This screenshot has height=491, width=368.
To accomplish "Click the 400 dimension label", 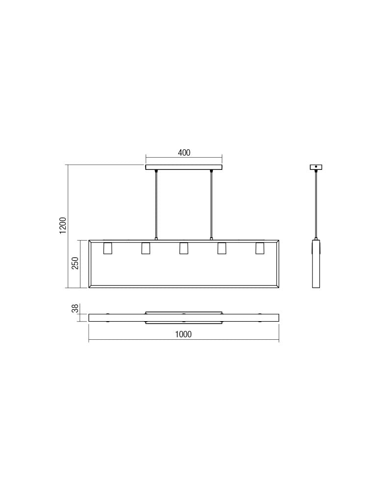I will point(184,153).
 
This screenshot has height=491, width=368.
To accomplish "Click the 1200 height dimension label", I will point(63,225).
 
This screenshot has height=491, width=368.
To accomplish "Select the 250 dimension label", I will point(75,264).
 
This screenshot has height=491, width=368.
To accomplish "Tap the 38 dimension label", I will point(75,309).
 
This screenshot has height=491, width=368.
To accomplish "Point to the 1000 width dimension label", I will point(184,334).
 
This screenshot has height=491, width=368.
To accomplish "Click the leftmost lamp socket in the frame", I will point(107,248).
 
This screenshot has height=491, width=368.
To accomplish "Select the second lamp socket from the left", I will point(146,248).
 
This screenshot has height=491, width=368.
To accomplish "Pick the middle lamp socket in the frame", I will point(184,248).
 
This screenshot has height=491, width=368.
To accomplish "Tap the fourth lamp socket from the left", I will point(222,248).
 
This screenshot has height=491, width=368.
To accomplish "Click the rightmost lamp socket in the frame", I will point(260,248).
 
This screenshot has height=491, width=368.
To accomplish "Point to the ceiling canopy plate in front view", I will point(184,167).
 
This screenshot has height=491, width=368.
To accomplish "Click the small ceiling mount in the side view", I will point(316,167).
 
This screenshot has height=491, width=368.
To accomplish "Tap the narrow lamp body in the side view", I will point(316,264).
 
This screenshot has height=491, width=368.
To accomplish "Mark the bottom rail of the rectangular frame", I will point(184,286).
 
